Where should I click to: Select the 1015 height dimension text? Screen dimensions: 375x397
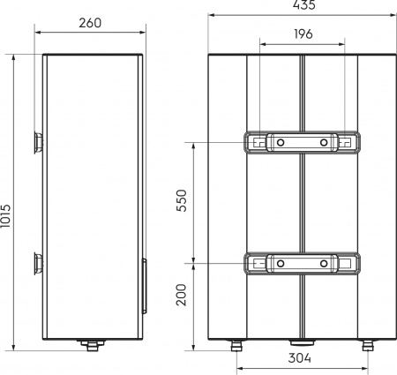[10, 200]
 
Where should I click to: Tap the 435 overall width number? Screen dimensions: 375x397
[302, 6]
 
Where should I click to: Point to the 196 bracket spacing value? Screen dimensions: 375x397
[302, 34]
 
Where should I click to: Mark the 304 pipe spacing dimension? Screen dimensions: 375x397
[301, 359]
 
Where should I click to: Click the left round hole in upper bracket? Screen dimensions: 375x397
[278, 142]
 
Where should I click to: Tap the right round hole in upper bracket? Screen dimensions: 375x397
[324, 142]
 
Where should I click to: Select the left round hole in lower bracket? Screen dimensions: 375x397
[278, 263]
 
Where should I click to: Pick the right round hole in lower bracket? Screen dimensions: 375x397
[324, 263]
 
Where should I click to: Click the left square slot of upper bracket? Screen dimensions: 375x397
[256, 142]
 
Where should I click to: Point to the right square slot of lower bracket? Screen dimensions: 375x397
[347, 263]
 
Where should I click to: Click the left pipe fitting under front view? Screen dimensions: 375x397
[236, 345]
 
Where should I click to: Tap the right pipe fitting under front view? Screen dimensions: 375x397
[366, 345]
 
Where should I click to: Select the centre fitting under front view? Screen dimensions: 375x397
[301, 343]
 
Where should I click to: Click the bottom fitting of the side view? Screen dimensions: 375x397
[89, 344]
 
